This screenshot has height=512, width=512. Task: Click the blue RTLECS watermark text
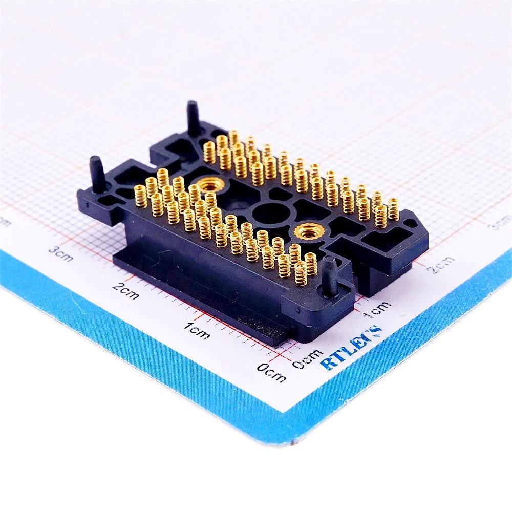352,348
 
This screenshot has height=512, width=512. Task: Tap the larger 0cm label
272,373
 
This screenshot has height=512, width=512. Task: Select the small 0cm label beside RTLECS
307,358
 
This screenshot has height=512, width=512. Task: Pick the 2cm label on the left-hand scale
125,291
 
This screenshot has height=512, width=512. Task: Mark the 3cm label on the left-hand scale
60,253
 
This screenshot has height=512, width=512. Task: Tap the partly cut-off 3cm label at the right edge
501,222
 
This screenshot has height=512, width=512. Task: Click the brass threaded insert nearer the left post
209,183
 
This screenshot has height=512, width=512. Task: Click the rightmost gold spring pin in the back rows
393,209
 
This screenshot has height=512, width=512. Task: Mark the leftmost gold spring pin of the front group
140,196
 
